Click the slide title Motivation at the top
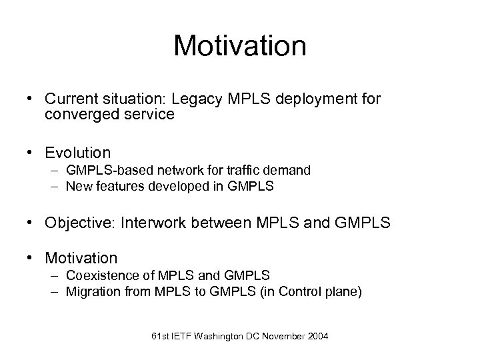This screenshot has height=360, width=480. [239, 46]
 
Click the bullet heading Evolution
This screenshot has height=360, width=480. [77, 153]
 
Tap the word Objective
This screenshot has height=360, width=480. [78, 222]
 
